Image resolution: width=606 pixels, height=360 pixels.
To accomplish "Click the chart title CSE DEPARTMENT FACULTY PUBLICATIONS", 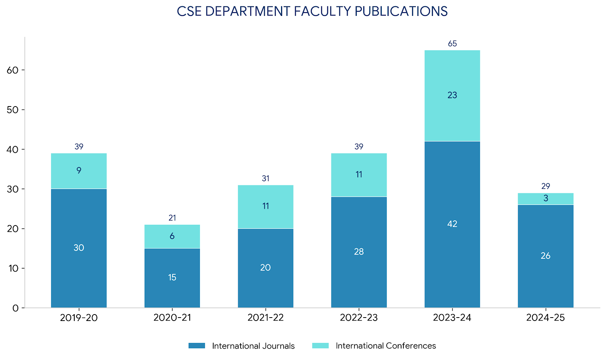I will point(312,11).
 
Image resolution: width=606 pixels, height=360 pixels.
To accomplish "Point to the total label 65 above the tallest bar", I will point(452,44).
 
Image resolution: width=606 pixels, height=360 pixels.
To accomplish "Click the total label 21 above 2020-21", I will point(172,218).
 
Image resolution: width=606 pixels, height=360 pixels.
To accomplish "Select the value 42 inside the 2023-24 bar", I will point(452,224).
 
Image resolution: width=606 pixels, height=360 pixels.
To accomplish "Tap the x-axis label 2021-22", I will point(266,318).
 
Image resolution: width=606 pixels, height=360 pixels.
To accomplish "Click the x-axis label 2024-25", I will point(545,318).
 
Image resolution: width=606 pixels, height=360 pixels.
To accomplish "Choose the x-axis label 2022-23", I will point(359,318).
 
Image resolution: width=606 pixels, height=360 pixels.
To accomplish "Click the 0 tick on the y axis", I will point(15,308).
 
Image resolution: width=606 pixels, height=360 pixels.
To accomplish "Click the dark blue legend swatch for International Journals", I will point(197,346).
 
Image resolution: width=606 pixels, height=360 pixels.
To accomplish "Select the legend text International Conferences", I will point(386,346).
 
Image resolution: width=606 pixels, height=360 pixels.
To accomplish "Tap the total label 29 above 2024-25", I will point(545,186).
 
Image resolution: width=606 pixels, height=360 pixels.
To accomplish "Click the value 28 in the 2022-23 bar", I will point(359,252).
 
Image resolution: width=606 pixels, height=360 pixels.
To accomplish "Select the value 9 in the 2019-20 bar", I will point(79,171).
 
